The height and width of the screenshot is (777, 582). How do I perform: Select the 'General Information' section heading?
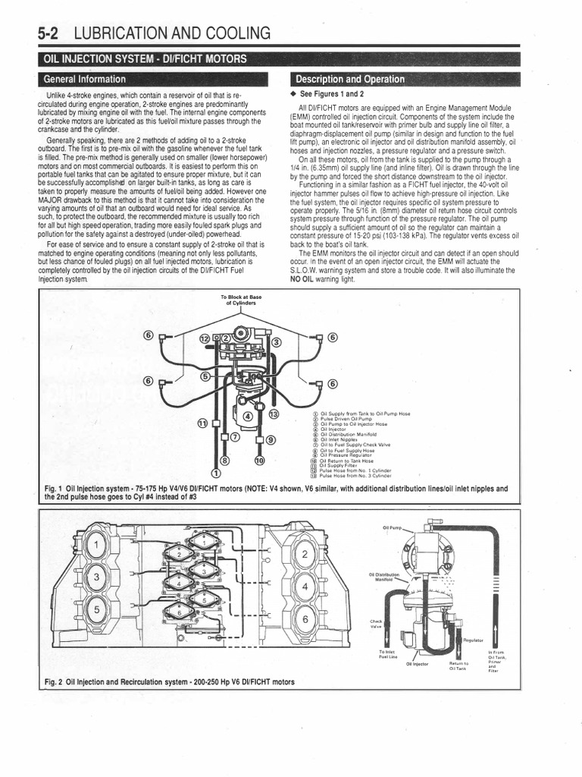(84, 79)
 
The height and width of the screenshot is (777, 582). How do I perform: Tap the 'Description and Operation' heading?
(349, 79)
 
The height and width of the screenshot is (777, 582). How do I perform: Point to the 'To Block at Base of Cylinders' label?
(239, 300)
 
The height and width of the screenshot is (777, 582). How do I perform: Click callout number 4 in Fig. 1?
(247, 416)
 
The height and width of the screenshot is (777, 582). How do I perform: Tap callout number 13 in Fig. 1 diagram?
(274, 414)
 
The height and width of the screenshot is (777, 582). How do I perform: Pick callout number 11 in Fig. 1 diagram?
(202, 422)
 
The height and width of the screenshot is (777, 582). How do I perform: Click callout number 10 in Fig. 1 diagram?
(259, 461)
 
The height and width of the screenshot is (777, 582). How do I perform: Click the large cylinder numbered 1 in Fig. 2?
(96, 544)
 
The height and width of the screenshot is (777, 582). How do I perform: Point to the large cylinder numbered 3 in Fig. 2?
(96, 578)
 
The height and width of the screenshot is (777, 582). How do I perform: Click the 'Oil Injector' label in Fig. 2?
(417, 664)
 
